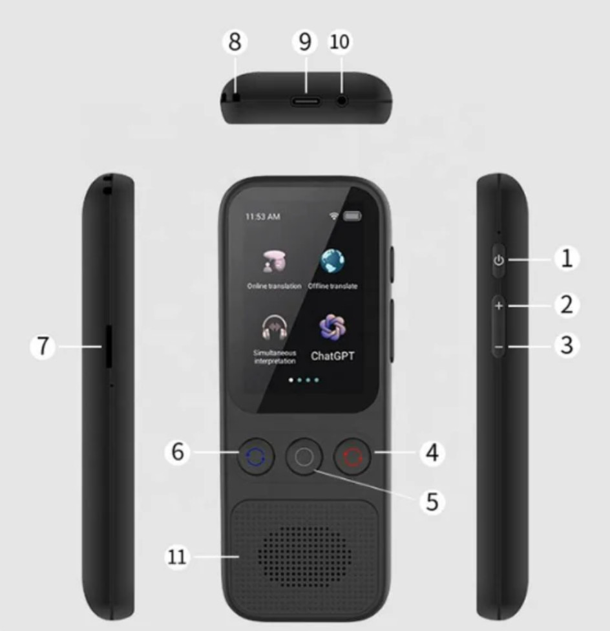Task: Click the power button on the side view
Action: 498,261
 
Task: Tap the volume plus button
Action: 498,306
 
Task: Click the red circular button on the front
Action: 352,457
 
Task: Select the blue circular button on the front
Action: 256,457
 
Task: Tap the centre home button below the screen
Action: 304,457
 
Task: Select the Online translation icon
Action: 274,262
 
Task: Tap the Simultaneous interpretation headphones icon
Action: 275,328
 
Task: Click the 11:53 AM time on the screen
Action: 262,217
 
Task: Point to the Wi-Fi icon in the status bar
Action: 333,217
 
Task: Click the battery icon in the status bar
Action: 352,217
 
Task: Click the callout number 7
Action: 43,347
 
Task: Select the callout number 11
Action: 176,557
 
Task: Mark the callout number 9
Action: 305,42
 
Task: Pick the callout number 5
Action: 432,501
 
